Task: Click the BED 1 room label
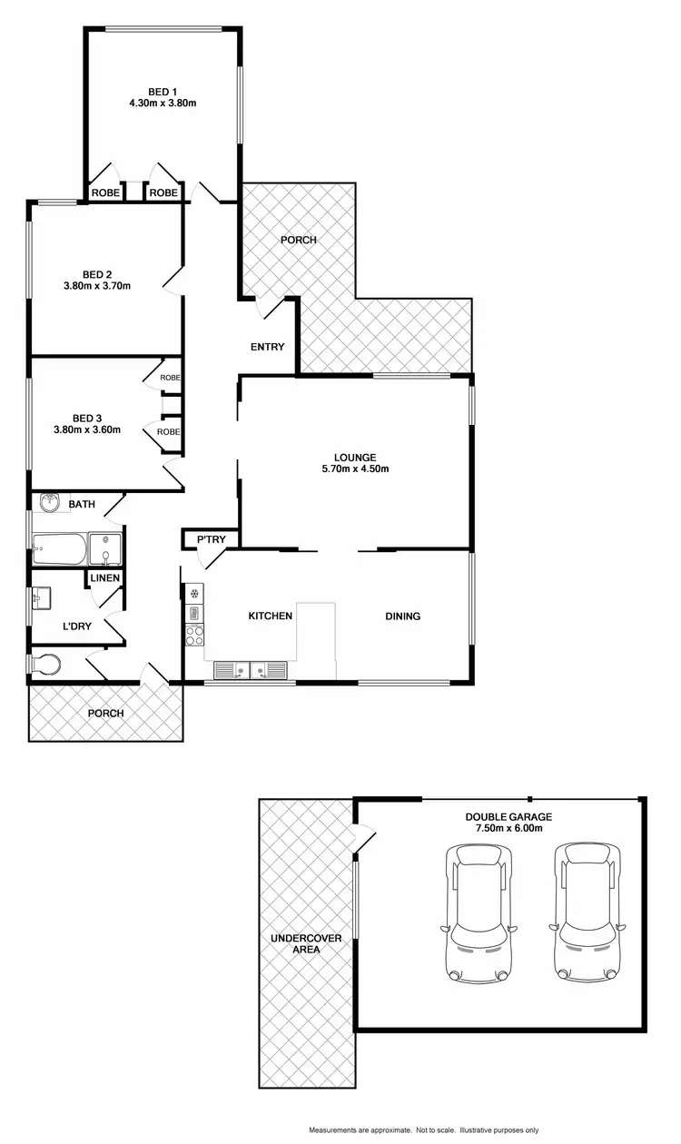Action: point(163,91)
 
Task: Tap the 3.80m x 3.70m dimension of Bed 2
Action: point(97,287)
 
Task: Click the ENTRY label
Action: point(268,347)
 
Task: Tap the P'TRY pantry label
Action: point(212,540)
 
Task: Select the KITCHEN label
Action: point(271,616)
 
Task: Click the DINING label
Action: point(402,616)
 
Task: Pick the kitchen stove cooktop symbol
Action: point(194,635)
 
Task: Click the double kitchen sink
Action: point(250,671)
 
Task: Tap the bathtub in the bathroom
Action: point(59,549)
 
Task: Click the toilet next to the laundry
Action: point(45,666)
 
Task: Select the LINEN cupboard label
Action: point(104,578)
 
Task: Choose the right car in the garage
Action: point(587,912)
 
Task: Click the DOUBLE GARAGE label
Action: point(508,816)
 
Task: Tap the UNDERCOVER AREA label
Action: point(305,943)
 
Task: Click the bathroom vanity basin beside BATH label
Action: point(50,502)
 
